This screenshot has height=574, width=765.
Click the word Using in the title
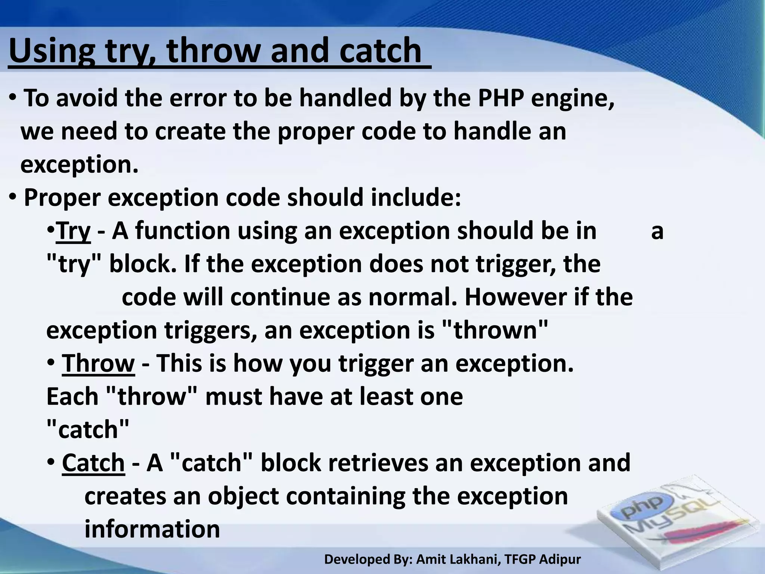click(x=52, y=51)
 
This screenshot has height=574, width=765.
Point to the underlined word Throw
click(x=98, y=364)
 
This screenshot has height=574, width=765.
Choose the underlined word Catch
click(x=93, y=463)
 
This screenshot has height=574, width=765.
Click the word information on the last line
click(x=152, y=530)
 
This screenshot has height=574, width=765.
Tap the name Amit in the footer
click(x=431, y=559)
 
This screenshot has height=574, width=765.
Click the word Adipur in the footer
click(x=561, y=559)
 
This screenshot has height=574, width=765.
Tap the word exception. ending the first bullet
click(x=79, y=165)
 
